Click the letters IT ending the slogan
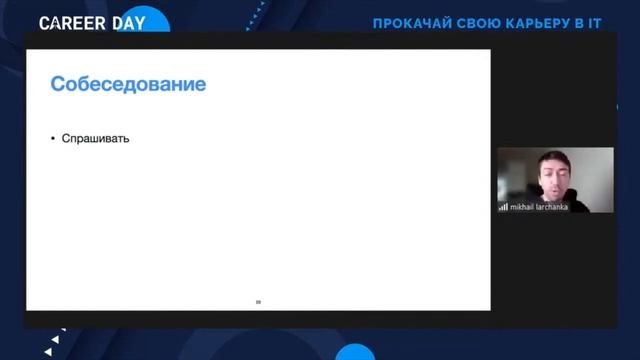594,23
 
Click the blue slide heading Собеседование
128,85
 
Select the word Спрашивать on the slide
96,138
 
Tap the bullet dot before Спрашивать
53,138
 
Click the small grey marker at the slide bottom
258,301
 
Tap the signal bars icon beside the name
504,207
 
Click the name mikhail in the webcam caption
523,207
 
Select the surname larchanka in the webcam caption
553,207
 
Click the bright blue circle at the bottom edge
355,352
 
